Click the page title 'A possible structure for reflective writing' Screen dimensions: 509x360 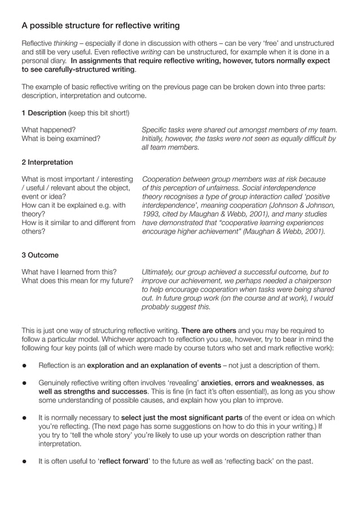100,25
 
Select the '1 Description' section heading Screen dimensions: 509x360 36,113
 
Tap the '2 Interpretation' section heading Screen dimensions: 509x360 47,162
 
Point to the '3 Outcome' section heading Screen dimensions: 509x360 39,255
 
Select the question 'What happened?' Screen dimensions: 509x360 49,129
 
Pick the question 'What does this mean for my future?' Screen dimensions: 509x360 77,280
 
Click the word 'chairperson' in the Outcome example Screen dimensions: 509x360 309,280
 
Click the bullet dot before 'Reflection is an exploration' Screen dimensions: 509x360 25,365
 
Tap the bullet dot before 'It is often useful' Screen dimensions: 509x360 25,462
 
